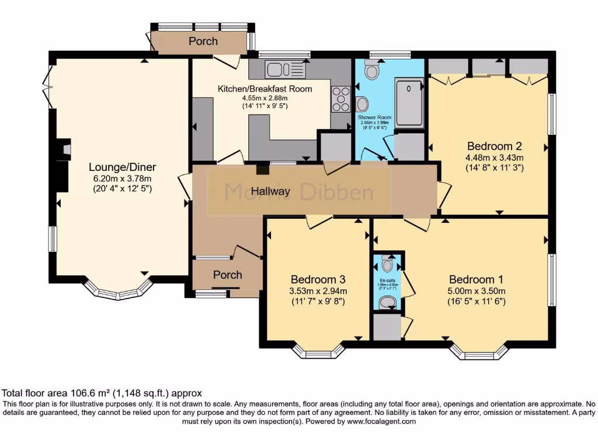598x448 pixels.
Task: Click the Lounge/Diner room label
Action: click(123, 167)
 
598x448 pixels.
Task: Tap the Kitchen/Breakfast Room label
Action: click(265, 89)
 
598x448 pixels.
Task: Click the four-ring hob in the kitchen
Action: click(339, 99)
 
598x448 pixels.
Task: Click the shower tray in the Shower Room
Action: click(409, 101)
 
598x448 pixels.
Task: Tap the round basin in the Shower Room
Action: click(362, 105)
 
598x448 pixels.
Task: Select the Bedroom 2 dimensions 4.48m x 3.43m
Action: click(494, 157)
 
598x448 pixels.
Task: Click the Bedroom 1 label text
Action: click(476, 279)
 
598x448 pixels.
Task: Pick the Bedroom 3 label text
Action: click(318, 279)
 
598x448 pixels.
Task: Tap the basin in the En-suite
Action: click(387, 302)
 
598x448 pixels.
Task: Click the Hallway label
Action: click(270, 191)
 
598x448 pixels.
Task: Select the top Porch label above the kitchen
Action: click(203, 41)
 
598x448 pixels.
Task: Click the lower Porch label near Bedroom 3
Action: click(228, 275)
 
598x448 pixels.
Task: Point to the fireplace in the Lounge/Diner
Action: click(66, 150)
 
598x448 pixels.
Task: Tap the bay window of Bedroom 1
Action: click(479, 352)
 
